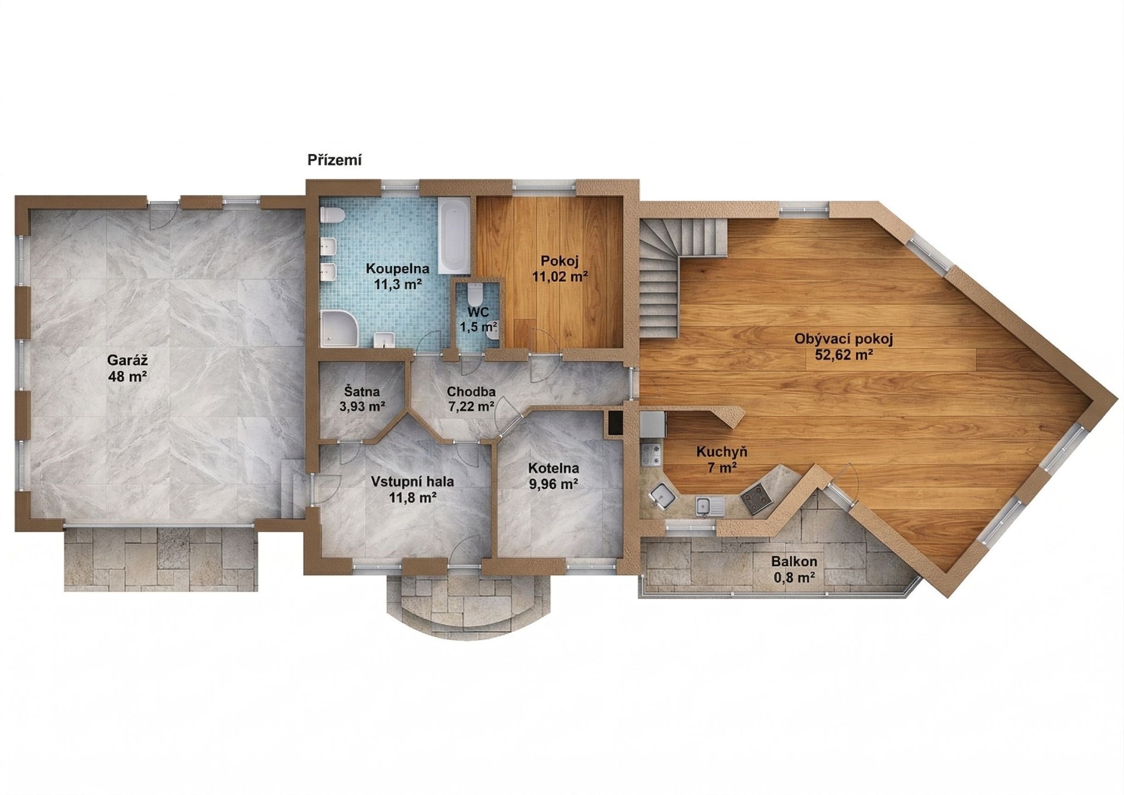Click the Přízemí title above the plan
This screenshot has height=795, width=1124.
[x=334, y=160]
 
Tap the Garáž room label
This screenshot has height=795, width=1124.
[x=127, y=359]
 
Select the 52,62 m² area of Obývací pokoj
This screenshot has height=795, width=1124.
[x=844, y=354]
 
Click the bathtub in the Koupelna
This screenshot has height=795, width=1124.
[x=454, y=236]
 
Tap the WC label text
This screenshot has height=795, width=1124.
[x=478, y=313]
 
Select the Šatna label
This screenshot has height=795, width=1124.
[x=362, y=392]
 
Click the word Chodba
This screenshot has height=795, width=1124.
[x=471, y=392]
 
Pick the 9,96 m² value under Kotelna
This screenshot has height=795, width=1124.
[x=553, y=484]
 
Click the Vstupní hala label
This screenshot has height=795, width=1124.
[x=413, y=482]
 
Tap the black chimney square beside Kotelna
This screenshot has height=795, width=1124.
[x=615, y=423]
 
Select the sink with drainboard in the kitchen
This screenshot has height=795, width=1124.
[x=710, y=506]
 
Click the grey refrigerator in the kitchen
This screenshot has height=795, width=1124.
[x=652, y=424]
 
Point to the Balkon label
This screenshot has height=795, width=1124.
[x=794, y=561]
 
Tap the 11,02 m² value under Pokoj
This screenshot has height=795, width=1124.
[x=560, y=276]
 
